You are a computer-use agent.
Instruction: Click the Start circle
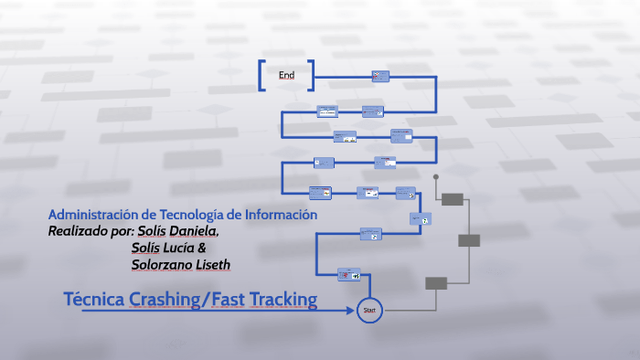[370, 311]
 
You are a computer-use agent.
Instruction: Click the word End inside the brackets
[286, 75]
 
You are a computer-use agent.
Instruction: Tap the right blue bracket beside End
[311, 76]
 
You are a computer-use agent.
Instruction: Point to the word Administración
[92, 214]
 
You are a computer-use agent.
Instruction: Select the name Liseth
[211, 265]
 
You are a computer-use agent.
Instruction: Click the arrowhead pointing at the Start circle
[351, 311]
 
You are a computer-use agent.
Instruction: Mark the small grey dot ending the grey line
[436, 176]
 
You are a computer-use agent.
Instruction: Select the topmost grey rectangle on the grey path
[452, 198]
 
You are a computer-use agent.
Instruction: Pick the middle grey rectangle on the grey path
[468, 240]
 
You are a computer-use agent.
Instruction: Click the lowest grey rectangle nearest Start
[436, 283]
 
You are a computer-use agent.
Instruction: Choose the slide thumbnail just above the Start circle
[349, 274]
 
